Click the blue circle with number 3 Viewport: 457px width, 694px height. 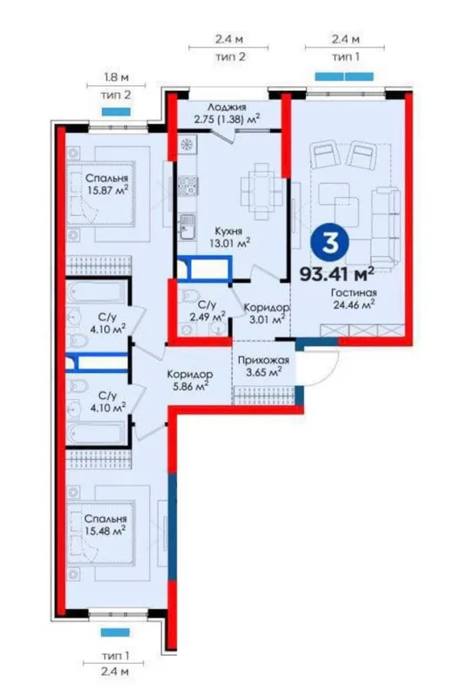click(329, 242)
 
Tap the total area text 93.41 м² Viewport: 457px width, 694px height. click(337, 274)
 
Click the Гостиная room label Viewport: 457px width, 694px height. click(354, 293)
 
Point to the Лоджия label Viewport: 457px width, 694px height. click(227, 107)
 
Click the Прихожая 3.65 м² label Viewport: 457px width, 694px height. click(263, 366)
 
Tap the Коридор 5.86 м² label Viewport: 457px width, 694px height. click(189, 380)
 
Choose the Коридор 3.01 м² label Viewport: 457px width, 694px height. click(267, 313)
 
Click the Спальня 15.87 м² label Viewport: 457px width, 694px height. click(107, 185)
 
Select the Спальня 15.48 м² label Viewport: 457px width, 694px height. click(105, 525)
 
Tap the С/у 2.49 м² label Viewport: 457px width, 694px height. click(207, 311)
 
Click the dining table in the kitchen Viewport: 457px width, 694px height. click(262, 191)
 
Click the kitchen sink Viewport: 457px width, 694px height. click(188, 227)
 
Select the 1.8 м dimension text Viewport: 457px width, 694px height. click(116, 77)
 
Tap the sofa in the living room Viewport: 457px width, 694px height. click(385, 226)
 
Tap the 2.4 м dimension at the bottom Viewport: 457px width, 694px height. click(115, 671)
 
